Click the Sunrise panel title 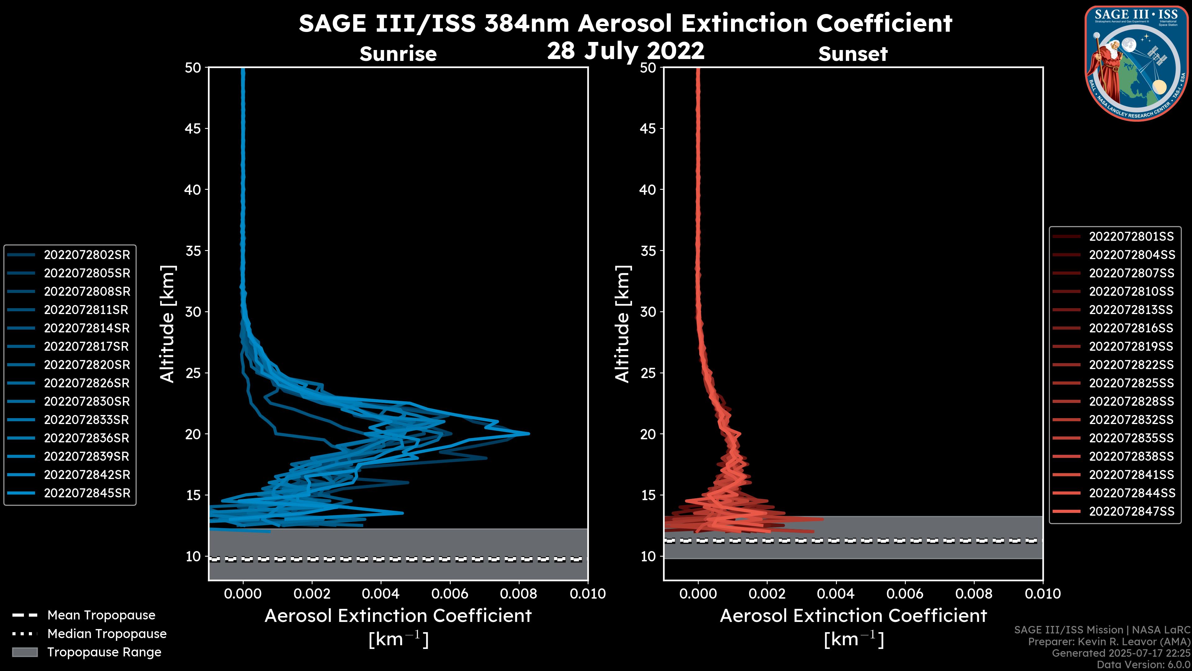tap(398, 54)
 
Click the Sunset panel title tap(853, 54)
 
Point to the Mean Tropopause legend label tap(101, 615)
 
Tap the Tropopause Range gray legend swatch tap(25, 652)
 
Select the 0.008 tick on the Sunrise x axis tap(519, 594)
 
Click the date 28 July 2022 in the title tap(625, 51)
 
